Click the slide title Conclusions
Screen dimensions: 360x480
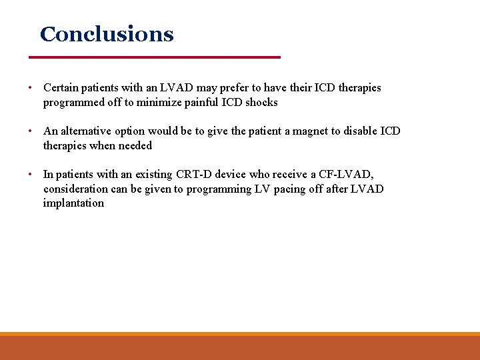click(107, 34)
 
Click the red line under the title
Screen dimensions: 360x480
click(160, 57)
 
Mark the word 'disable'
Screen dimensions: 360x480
click(361, 131)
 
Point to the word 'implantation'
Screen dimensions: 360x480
click(73, 203)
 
